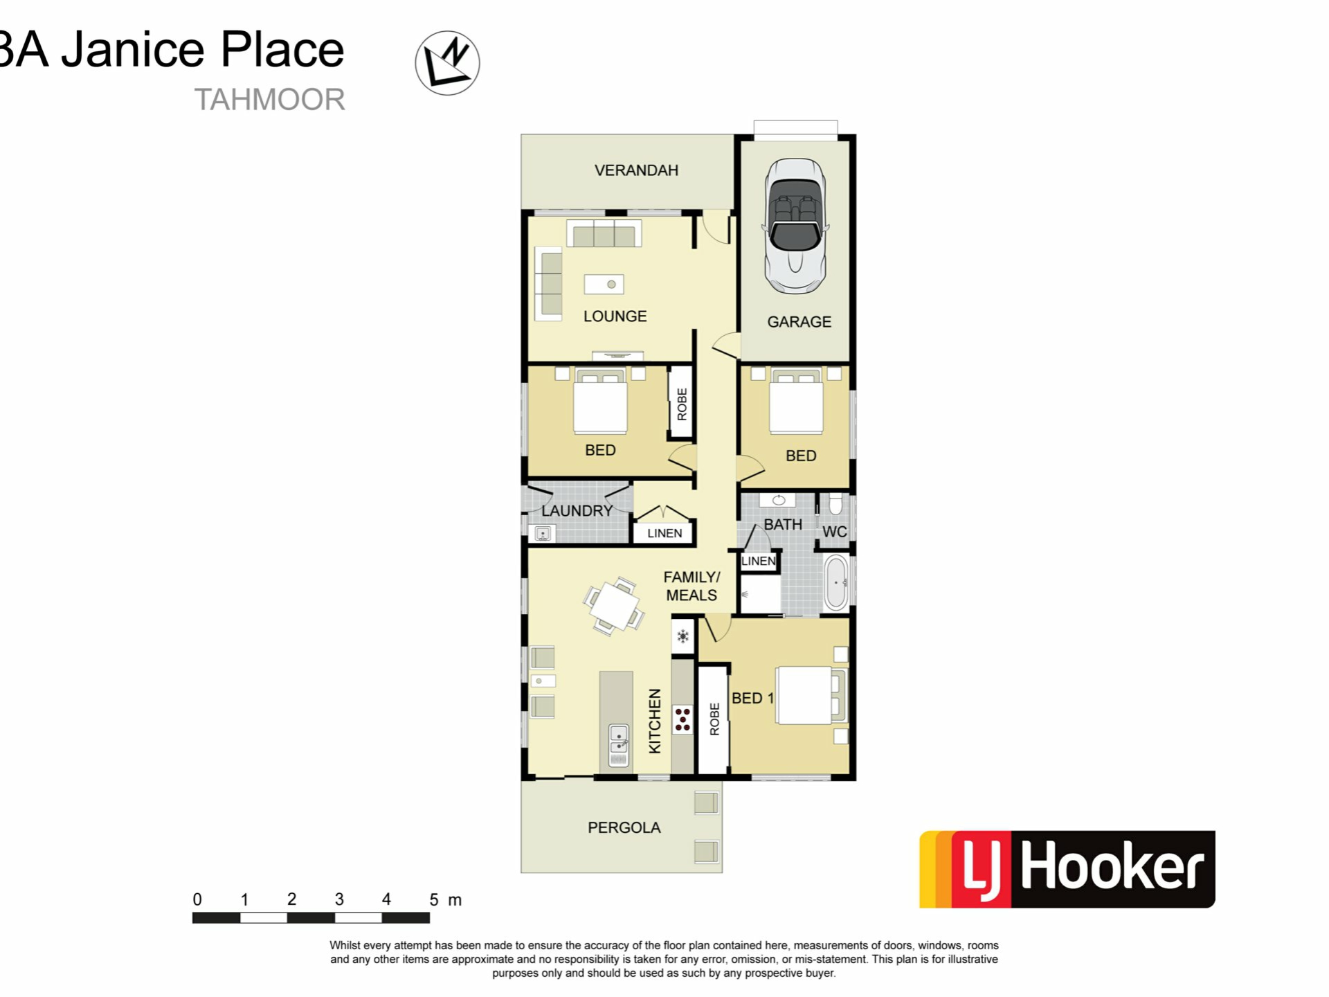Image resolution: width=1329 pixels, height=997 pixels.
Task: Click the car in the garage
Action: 796,226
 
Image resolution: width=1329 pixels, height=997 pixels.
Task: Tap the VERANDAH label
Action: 636,170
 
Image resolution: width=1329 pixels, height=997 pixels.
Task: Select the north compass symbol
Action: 447,63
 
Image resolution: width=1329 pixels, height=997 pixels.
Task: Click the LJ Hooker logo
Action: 1067,869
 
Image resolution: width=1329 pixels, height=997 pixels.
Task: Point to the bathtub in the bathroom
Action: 836,582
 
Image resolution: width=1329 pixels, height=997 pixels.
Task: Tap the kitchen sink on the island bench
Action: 618,745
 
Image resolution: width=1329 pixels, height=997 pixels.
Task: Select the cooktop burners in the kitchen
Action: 682,719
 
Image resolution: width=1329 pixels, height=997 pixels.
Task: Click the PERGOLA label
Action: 624,827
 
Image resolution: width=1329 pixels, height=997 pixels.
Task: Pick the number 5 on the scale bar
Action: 434,899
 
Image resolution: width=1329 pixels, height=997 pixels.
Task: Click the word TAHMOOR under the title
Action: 269,100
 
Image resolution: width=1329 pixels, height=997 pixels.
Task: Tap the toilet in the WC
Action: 835,504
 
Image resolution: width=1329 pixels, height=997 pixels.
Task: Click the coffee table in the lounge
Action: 604,285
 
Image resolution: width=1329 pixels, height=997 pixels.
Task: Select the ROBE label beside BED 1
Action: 714,719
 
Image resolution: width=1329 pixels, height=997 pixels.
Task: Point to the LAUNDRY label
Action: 577,511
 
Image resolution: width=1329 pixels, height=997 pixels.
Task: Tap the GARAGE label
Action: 799,322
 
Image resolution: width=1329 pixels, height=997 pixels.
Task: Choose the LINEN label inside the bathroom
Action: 759,561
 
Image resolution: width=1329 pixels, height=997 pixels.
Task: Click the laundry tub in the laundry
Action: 543,534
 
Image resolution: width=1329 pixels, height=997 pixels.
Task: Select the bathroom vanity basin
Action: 778,500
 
